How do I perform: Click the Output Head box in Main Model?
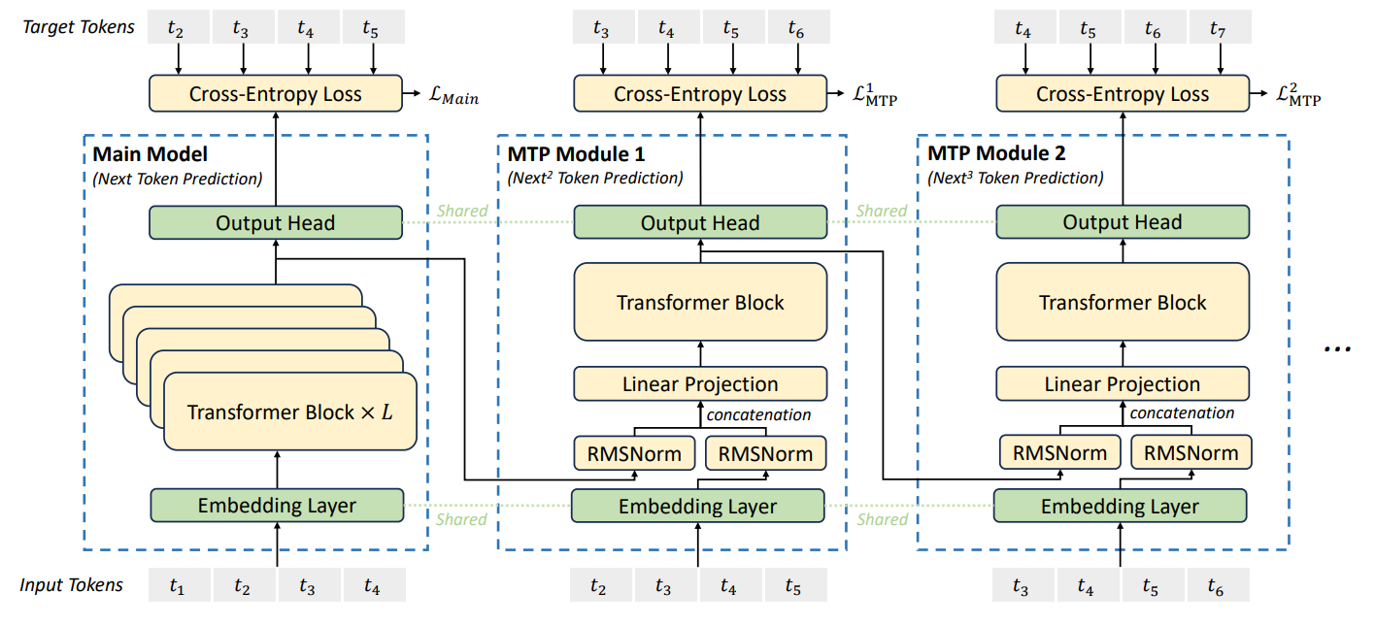click(276, 222)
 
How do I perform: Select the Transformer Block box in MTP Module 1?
click(700, 302)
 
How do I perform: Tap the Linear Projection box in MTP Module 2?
click(1123, 383)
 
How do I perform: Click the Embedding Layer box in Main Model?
click(277, 505)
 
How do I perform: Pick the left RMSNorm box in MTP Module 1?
click(634, 453)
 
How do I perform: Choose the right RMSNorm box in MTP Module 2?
click(1191, 452)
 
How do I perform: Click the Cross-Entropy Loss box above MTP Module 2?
click(1123, 93)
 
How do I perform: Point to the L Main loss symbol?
click(453, 96)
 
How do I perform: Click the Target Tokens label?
click(79, 27)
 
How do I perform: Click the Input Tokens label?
click(71, 585)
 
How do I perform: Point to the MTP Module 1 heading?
click(576, 153)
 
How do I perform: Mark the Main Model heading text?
click(150, 153)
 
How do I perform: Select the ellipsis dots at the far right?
click(1337, 349)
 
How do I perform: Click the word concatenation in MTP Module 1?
click(758, 414)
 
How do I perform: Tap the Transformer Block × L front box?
click(290, 412)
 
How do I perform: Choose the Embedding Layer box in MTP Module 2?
click(1121, 506)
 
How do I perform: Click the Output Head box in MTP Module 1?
click(700, 222)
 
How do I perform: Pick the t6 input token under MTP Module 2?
click(1219, 585)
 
